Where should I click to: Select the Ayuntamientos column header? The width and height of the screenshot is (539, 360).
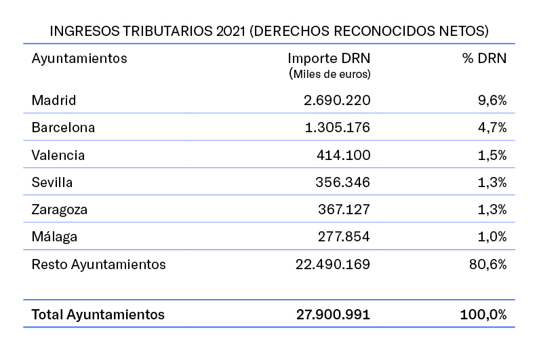tap(79, 58)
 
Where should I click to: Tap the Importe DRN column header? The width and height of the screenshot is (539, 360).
tap(329, 58)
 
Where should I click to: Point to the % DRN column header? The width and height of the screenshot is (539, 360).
tap(484, 58)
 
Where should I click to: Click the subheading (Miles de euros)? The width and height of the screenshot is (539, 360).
tap(330, 73)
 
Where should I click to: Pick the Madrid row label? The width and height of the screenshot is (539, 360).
tap(54, 100)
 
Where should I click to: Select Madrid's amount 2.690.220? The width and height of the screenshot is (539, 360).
tap(337, 100)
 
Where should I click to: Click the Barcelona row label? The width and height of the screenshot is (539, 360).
tap(63, 127)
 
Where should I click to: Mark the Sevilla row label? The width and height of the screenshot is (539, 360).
tap(52, 182)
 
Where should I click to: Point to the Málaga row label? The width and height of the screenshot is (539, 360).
tap(54, 237)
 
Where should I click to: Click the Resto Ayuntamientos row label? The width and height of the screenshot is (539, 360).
tap(99, 264)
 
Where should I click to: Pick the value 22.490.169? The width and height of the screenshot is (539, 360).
tap(333, 264)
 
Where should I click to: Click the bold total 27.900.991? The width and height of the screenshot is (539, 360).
tap(333, 315)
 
